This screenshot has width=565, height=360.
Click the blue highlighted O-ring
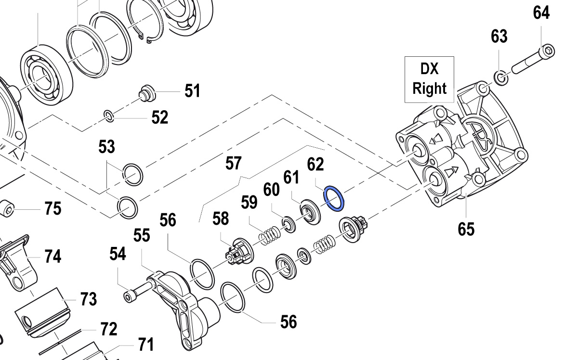click(x=334, y=199)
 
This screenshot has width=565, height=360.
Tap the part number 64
click(x=541, y=13)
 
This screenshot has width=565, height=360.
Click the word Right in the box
click(x=429, y=89)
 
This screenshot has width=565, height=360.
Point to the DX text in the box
click(x=429, y=69)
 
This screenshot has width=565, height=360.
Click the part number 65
click(x=466, y=229)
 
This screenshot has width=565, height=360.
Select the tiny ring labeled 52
click(x=108, y=115)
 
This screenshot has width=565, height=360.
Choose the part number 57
click(x=233, y=163)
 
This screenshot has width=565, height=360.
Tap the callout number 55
click(x=142, y=235)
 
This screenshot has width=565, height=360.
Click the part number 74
click(x=53, y=256)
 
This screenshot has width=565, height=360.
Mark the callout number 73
click(x=88, y=299)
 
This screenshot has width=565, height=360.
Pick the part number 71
click(x=145, y=345)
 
